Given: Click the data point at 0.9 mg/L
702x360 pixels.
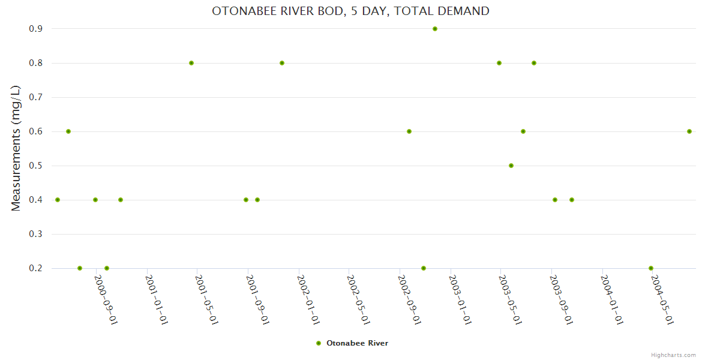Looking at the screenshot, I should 435,29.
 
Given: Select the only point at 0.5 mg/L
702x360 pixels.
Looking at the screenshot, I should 511,166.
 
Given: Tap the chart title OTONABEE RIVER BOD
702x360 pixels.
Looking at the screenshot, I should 350,11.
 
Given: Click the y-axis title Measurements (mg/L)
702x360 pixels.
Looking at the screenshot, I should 16,148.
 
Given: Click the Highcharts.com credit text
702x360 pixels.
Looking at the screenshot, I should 673,355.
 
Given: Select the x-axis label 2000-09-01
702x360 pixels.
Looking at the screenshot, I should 106,299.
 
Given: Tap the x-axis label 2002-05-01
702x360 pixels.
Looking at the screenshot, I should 358,299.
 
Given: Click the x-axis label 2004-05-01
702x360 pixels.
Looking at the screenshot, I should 662,299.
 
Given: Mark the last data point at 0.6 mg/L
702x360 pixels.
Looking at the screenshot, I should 689,131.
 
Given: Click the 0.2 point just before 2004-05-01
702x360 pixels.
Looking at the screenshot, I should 651,268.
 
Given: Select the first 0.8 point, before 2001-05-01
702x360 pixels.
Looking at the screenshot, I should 191,63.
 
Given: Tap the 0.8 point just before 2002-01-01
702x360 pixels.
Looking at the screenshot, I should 282,63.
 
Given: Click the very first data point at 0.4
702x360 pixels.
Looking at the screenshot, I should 58,200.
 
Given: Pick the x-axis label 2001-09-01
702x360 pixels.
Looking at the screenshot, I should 257,299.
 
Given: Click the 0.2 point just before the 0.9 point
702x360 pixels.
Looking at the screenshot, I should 424,268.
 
